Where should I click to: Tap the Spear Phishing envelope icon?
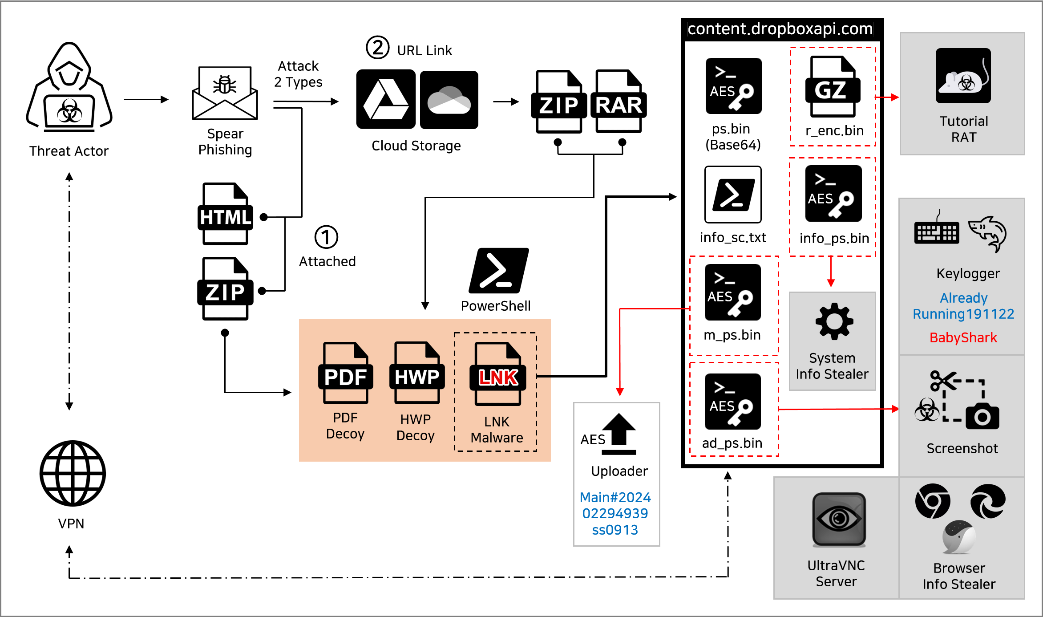[x=225, y=93]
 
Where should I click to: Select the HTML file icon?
[x=225, y=214]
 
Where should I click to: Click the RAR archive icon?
[x=619, y=101]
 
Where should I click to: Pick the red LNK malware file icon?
[x=498, y=374]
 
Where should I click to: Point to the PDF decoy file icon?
[x=345, y=373]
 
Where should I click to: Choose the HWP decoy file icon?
[x=416, y=373]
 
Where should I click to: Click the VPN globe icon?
[x=73, y=473]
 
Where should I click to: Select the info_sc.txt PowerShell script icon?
[x=733, y=195]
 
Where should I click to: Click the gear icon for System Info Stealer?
[x=834, y=321]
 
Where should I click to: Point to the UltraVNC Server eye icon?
[x=839, y=519]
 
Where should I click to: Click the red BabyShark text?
[x=963, y=338]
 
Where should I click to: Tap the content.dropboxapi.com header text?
[x=780, y=29]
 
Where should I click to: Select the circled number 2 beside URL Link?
[x=377, y=48]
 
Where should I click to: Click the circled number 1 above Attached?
[x=326, y=237]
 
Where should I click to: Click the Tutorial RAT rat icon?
[x=963, y=76]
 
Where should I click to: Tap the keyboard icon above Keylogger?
[x=936, y=232]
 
